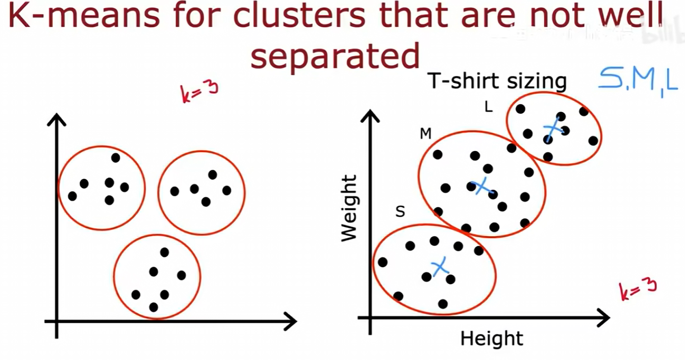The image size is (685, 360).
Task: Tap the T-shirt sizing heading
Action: [x=497, y=82]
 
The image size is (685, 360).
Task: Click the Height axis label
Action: [x=492, y=339]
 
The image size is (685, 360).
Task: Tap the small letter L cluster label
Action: [x=488, y=107]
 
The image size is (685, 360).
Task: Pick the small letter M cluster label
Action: [x=425, y=134]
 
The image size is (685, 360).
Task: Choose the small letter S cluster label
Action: [x=400, y=212]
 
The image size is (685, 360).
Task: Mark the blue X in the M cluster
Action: [x=481, y=187]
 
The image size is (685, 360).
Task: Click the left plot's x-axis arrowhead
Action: [x=291, y=321]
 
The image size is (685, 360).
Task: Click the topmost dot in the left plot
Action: [x=115, y=158]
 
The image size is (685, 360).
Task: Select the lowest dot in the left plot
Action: [x=154, y=307]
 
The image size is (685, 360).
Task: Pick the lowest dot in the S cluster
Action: [x=443, y=304]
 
